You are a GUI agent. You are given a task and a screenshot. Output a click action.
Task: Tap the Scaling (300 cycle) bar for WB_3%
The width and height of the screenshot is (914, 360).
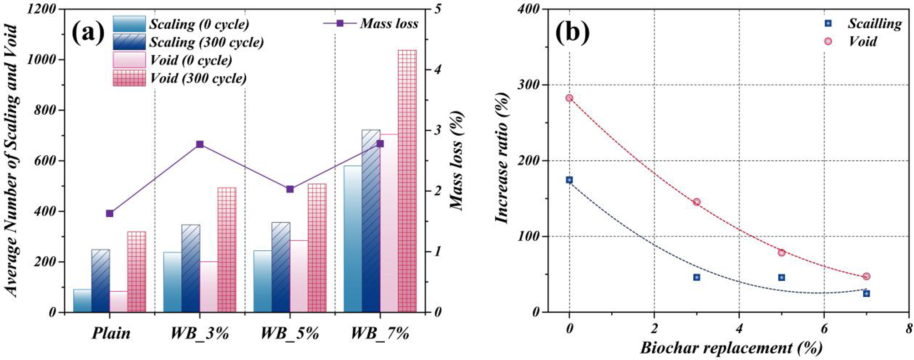(x=191, y=268)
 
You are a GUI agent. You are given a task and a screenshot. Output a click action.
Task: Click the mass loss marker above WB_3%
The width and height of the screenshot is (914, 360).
(x=199, y=144)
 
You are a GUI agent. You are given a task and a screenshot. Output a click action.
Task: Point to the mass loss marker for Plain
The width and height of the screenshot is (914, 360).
(x=109, y=213)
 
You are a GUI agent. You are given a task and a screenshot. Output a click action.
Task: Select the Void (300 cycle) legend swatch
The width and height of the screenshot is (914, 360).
(x=129, y=78)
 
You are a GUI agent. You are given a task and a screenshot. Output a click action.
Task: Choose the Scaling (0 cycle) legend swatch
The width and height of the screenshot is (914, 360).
(x=129, y=24)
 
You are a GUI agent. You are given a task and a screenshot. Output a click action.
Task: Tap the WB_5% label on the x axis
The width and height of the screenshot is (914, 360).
(x=289, y=334)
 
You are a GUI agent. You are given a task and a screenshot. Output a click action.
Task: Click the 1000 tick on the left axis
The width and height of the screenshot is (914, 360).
(x=44, y=60)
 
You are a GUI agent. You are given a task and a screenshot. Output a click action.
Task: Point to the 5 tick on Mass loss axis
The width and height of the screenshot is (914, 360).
(x=437, y=9)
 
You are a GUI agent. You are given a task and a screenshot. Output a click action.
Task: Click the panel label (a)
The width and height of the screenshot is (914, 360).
(x=88, y=33)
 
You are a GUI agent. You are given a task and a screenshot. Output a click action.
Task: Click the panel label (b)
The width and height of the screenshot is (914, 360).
(x=572, y=33)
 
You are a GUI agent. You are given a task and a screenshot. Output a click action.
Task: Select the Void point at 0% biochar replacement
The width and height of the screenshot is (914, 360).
(x=569, y=98)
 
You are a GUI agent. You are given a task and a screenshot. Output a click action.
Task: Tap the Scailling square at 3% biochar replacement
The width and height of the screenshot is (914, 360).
(x=696, y=277)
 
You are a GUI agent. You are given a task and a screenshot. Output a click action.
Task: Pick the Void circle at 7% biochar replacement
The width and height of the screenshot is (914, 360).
(x=866, y=276)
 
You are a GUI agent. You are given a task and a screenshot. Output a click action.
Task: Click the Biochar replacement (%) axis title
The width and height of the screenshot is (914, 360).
(x=731, y=348)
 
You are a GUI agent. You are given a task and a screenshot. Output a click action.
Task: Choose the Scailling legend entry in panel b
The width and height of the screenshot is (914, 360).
(x=874, y=23)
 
